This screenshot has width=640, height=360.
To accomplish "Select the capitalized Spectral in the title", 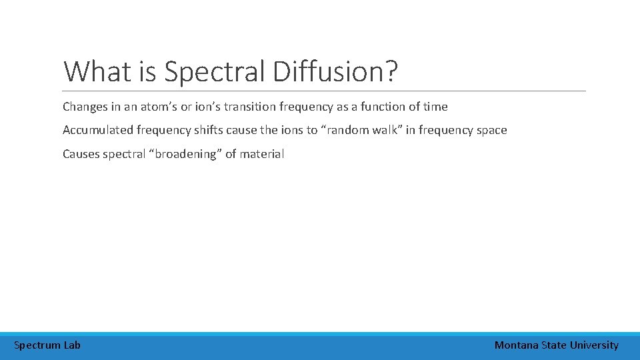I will [215, 71].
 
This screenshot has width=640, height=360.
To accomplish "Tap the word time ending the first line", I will [435, 107].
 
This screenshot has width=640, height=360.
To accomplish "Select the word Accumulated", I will [95, 130].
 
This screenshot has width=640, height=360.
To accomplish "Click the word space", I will [491, 130].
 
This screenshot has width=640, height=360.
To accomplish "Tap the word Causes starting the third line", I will [81, 154].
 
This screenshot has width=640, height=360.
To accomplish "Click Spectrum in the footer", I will [37, 345].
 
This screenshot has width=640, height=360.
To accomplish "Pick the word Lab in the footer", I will [72, 345].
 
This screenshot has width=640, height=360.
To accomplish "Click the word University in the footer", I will [594, 345].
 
